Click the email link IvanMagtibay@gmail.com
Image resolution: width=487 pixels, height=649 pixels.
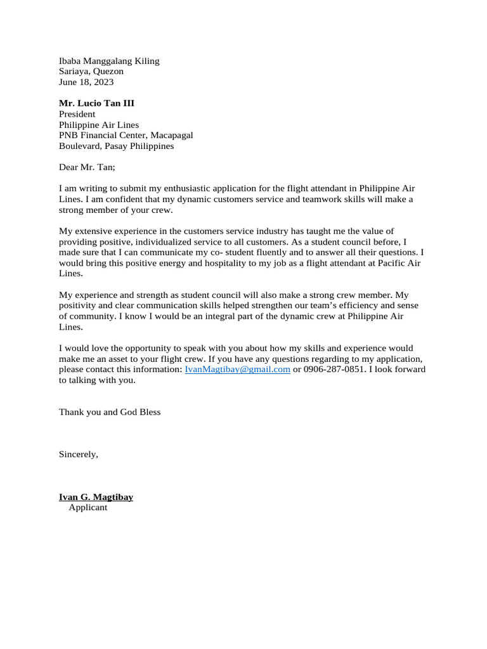click(237, 369)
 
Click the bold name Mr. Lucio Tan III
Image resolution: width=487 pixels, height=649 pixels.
click(96, 103)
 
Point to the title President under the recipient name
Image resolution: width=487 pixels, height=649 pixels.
click(77, 114)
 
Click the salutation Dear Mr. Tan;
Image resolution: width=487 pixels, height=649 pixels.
click(88, 167)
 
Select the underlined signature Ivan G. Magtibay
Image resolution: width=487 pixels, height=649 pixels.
click(96, 498)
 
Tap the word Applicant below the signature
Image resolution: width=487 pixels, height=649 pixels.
click(88, 508)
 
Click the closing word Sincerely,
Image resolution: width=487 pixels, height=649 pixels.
click(79, 454)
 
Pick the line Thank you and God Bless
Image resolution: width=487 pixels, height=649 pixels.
click(110, 412)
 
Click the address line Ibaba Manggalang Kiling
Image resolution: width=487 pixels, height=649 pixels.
click(109, 61)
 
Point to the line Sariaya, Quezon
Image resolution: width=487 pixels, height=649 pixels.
click(91, 72)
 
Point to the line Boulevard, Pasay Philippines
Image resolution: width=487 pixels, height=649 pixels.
click(116, 146)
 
